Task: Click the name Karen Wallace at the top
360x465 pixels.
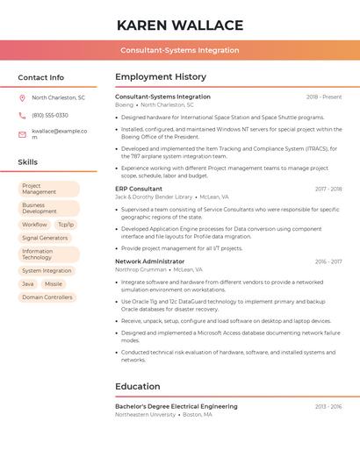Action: (180, 25)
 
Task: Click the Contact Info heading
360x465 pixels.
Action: (41, 77)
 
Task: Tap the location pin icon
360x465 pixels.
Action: (22, 97)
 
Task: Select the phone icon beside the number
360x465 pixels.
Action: (22, 115)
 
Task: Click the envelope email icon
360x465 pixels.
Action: (22, 134)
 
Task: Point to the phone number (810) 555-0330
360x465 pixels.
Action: (50, 115)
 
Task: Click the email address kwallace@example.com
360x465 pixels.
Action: (59, 134)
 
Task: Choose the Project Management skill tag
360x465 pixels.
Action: (48, 189)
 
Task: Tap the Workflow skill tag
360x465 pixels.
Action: (34, 225)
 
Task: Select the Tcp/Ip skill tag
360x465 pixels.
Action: (66, 225)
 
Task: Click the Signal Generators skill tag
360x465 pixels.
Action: (45, 238)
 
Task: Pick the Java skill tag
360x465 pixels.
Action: (28, 284)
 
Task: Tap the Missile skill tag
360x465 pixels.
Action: (54, 284)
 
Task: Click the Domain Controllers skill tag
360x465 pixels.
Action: (47, 297)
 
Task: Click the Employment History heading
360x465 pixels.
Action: (161, 77)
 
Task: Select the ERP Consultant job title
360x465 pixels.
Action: (139, 189)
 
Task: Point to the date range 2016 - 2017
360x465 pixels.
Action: (328, 261)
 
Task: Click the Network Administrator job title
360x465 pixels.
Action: (150, 261)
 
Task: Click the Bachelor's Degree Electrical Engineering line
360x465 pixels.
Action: (176, 406)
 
